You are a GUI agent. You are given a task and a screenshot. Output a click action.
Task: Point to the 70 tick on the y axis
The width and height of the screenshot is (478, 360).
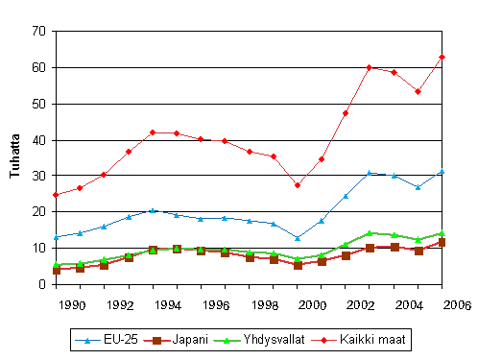(x=38, y=32)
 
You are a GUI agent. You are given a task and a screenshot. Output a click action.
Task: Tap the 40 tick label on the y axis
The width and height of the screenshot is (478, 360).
(x=38, y=140)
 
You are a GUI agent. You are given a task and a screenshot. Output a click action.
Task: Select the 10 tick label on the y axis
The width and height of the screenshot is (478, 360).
(x=38, y=248)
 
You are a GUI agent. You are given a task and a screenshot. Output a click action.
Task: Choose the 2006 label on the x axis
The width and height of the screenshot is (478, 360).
(x=455, y=304)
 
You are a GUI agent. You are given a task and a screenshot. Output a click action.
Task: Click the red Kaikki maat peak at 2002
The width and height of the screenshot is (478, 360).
(x=369, y=67)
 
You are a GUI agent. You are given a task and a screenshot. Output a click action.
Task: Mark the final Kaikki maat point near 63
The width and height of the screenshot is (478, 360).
(x=442, y=57)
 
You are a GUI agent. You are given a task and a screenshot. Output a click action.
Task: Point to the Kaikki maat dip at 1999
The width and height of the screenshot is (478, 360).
(x=298, y=185)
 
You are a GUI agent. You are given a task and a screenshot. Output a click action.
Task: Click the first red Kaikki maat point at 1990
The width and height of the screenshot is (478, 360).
(x=57, y=195)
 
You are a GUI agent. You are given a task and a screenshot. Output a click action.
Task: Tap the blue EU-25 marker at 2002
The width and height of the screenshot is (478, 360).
(x=369, y=173)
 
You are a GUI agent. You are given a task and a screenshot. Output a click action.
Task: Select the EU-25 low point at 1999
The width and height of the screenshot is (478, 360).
(x=298, y=237)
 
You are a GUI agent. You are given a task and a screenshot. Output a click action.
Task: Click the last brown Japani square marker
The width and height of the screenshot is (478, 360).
(x=442, y=243)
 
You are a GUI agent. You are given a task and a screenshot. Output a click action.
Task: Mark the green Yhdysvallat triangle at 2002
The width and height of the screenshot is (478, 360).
(x=369, y=233)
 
